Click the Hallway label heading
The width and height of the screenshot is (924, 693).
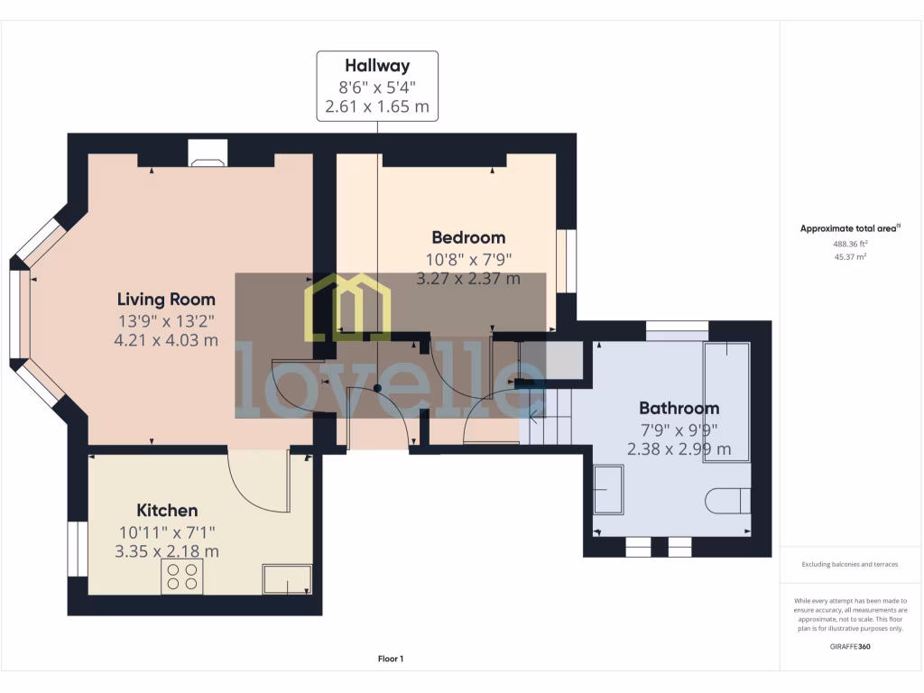(377, 66)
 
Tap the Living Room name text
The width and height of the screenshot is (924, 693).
(167, 300)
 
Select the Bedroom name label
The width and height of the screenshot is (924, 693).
(467, 238)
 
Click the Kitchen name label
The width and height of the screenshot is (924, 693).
(167, 511)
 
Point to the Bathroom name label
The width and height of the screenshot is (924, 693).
(679, 409)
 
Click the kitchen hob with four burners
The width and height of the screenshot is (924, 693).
(182, 577)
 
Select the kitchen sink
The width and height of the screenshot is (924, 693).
(287, 579)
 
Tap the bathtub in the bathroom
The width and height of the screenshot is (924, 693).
(727, 402)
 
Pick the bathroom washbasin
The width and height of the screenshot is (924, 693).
(608, 490)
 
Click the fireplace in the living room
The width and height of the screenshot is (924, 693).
(207, 154)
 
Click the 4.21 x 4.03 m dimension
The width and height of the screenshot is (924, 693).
(167, 340)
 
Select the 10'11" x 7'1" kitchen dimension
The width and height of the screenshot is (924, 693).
(167, 532)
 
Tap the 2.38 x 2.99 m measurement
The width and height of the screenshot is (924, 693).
(679, 448)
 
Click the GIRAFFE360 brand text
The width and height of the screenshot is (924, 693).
(850, 646)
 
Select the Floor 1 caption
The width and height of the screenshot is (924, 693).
(391, 659)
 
